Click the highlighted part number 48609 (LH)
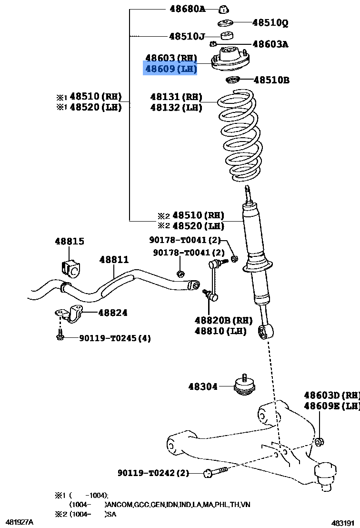pos(170,69)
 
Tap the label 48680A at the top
pos(188,9)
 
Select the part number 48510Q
pos(270,22)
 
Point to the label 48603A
pos(270,44)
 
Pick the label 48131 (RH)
pos(176,97)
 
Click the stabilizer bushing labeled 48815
pos(70,268)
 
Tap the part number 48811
pos(114,260)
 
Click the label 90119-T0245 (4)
pos(115,338)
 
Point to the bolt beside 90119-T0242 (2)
pos(216,471)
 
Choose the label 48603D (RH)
pos(332,395)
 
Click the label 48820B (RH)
pos(223,320)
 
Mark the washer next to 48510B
pos(232,80)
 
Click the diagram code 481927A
pos(20,522)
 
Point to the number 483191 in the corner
pos(343,523)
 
